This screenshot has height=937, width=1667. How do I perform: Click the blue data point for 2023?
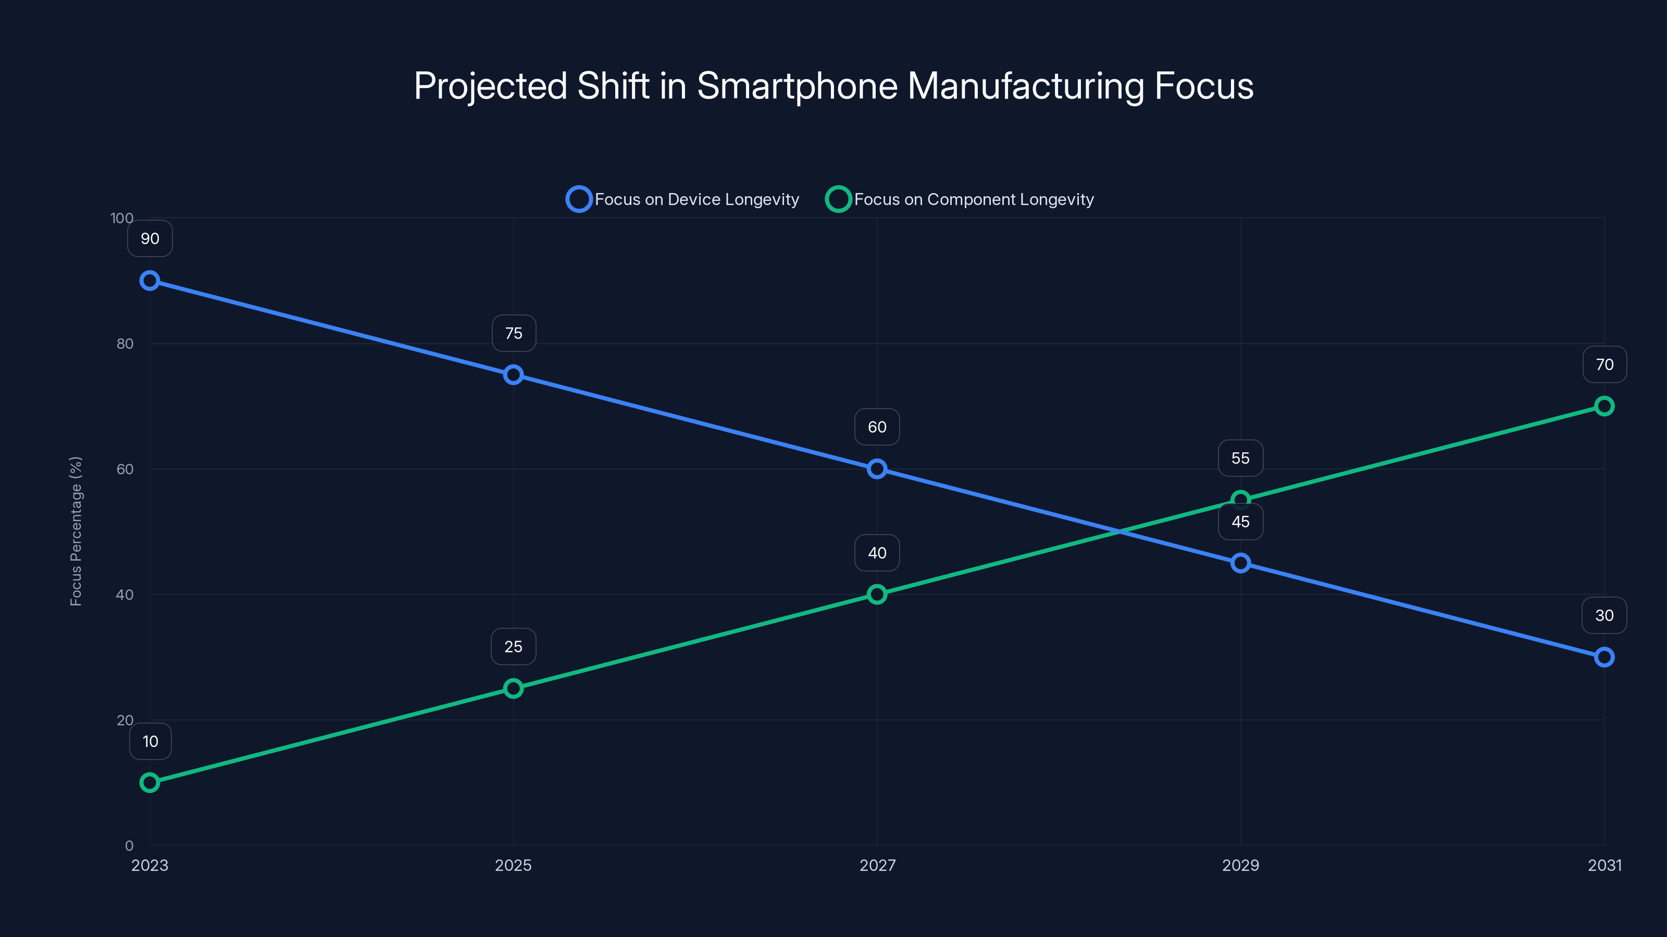pyautogui.click(x=150, y=281)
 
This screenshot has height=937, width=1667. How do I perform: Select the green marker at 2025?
pyautogui.click(x=513, y=688)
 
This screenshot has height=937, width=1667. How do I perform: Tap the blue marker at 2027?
pyautogui.click(x=877, y=469)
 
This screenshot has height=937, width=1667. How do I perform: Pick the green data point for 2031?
pyautogui.click(x=1604, y=406)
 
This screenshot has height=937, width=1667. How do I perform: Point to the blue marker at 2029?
pyautogui.click(x=1240, y=563)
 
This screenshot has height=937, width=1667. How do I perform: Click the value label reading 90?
pyautogui.click(x=150, y=238)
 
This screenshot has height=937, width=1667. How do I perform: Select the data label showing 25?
pyautogui.click(x=513, y=647)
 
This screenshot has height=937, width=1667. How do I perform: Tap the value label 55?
pyautogui.click(x=1240, y=458)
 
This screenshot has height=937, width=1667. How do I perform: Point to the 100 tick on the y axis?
pyautogui.click(x=122, y=218)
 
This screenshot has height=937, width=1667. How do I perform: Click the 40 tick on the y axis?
pyautogui.click(x=125, y=594)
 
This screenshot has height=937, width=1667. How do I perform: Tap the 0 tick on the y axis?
pyautogui.click(x=129, y=846)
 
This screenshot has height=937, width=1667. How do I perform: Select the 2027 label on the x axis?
pyautogui.click(x=877, y=865)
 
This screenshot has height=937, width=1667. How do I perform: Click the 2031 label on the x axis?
pyautogui.click(x=1604, y=865)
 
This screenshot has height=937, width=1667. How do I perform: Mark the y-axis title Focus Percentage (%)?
pyautogui.click(x=76, y=531)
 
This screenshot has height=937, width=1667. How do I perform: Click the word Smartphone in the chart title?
pyautogui.click(x=797, y=86)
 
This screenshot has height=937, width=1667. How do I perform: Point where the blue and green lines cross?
pyautogui.click(x=1119, y=531)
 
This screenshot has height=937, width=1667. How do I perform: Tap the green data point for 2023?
pyautogui.click(x=150, y=782)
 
